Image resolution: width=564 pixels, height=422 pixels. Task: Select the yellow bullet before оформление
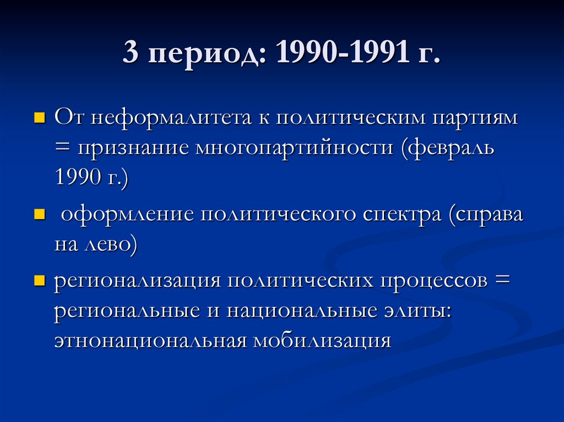[x=39, y=214]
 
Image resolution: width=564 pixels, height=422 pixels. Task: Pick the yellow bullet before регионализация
[x=39, y=281]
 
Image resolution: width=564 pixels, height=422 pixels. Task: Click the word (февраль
[x=447, y=147]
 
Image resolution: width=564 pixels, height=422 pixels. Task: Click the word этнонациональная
[x=149, y=341]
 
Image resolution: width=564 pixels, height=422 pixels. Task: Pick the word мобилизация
[x=322, y=341]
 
